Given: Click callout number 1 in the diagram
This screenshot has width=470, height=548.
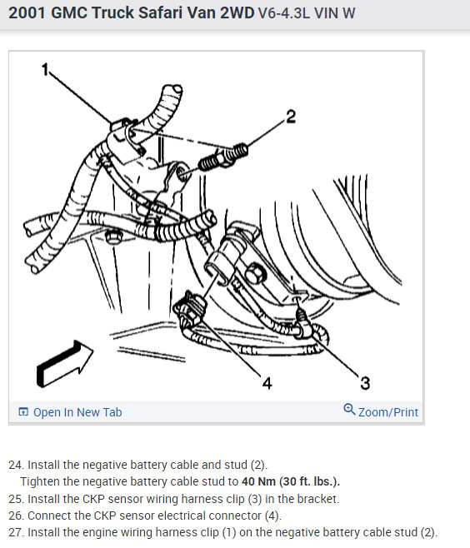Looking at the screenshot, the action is [45, 70].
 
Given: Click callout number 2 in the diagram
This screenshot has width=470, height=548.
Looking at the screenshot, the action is [291, 117].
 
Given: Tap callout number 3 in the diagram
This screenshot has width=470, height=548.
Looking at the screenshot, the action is [365, 383].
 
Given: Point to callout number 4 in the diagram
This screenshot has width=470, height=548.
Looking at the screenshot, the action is [267, 383].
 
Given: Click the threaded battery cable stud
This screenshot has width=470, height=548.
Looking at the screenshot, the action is [223, 157].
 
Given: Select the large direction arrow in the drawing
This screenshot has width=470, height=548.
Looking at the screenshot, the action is [65, 363].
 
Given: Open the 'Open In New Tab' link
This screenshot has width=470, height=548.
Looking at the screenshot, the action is [77, 412].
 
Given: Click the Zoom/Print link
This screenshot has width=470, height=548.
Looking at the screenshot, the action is [388, 412].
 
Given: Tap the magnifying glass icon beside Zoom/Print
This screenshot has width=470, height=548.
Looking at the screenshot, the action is [349, 409].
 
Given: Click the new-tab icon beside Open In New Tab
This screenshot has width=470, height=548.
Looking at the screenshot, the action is [23, 412].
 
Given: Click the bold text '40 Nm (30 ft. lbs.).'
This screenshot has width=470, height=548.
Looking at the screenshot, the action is [291, 481].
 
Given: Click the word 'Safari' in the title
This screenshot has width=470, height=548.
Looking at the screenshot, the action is [160, 13].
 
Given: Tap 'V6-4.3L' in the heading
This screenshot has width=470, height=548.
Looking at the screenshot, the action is [284, 13].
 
